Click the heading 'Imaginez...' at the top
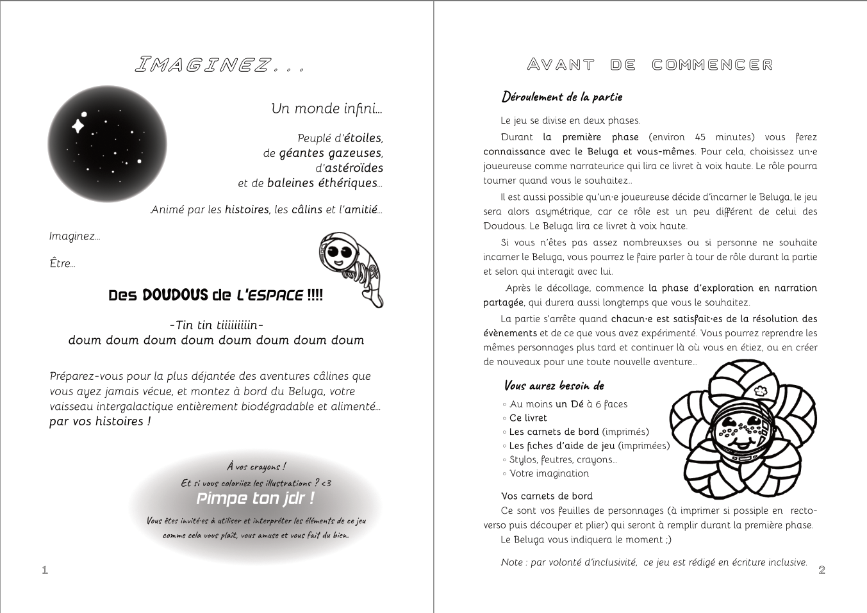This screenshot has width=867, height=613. [219, 65]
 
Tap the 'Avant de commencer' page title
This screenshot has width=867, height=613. [650, 65]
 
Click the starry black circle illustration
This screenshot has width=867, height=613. [107, 145]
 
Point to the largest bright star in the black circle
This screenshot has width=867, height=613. [78, 125]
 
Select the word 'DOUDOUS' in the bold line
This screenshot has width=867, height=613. [175, 295]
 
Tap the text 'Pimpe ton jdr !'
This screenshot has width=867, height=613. [255, 498]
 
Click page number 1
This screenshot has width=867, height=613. [45, 569]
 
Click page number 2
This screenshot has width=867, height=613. [822, 569]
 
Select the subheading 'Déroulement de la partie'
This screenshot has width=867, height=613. [562, 97]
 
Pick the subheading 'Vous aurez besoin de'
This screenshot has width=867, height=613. [554, 386]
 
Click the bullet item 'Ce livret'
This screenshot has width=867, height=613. [528, 418]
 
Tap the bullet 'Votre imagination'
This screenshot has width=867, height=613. [549, 473]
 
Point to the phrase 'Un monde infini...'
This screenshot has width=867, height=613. [327, 108]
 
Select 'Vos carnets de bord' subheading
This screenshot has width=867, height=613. [547, 496]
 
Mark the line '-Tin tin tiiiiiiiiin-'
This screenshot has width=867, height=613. [217, 325]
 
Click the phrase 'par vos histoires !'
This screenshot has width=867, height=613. [100, 421]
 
